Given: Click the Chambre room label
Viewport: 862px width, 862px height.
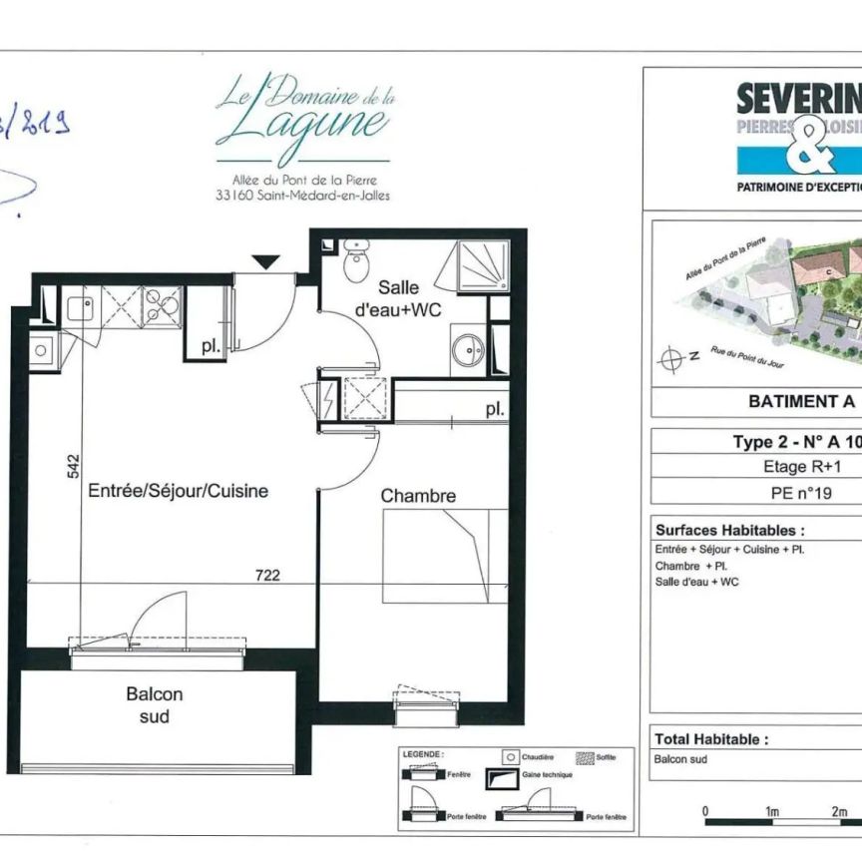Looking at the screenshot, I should click(418, 496).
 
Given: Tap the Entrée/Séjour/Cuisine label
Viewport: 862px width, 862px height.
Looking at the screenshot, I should click(178, 491).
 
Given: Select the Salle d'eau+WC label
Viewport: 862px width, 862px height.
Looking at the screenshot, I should click(399, 298).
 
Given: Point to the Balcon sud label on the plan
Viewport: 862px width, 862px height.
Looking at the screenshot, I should click(155, 705).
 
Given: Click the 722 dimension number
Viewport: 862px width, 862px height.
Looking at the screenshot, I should click(267, 575).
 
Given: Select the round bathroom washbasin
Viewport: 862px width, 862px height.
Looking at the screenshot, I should click(466, 350).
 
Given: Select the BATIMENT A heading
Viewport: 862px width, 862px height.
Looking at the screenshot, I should click(801, 401).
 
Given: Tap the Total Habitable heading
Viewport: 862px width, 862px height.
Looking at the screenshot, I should click(711, 739).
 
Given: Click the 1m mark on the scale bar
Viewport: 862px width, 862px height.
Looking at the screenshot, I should click(772, 811).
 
